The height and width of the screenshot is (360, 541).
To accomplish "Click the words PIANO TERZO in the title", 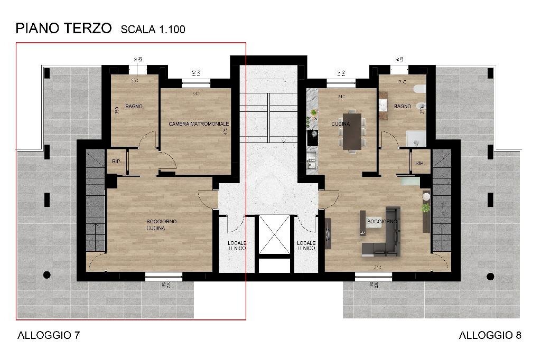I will [x=63, y=28].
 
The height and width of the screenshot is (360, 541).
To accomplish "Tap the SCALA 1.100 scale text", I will [x=153, y=30].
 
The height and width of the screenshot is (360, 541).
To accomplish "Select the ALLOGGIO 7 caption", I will [x=49, y=335].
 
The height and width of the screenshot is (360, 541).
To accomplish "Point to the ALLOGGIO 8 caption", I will [x=490, y=335].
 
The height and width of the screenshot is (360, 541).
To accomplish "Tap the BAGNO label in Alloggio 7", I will [x=134, y=107].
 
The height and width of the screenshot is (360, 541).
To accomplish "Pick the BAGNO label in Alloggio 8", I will [x=403, y=107].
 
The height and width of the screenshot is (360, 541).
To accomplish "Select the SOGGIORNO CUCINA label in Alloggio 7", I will [x=161, y=224].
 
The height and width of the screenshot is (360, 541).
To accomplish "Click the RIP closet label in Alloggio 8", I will [x=419, y=163].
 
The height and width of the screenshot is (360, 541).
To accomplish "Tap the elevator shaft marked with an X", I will [x=274, y=234].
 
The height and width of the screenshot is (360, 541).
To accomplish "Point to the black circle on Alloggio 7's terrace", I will [x=47, y=275].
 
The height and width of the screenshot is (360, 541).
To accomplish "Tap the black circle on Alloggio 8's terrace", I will [x=490, y=276].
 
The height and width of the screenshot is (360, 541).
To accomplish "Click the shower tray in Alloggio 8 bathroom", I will [x=416, y=138].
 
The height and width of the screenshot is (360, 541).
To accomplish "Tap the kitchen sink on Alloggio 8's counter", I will [x=312, y=158].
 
